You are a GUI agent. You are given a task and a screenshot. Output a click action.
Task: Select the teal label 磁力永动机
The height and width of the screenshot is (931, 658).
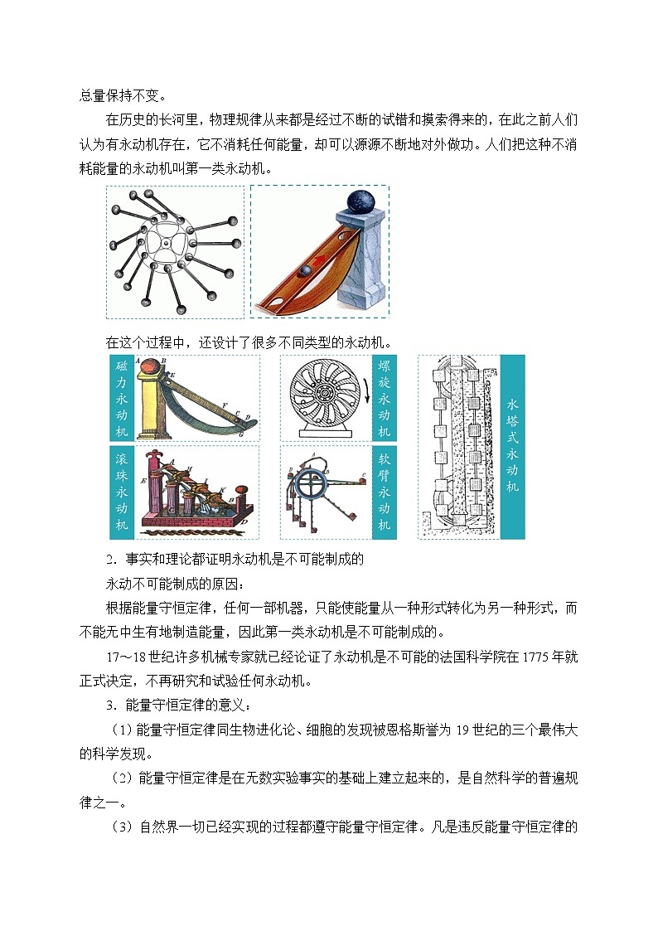(x=122, y=398)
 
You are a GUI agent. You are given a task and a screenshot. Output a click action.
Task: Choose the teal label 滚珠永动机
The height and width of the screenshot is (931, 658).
(x=122, y=492)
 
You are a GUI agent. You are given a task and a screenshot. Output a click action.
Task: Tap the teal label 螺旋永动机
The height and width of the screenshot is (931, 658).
(x=384, y=398)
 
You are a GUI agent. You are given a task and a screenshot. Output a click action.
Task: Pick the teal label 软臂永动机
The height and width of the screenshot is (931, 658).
(x=384, y=492)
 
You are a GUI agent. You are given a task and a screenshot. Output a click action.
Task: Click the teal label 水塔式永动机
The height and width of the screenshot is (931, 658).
(x=512, y=446)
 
